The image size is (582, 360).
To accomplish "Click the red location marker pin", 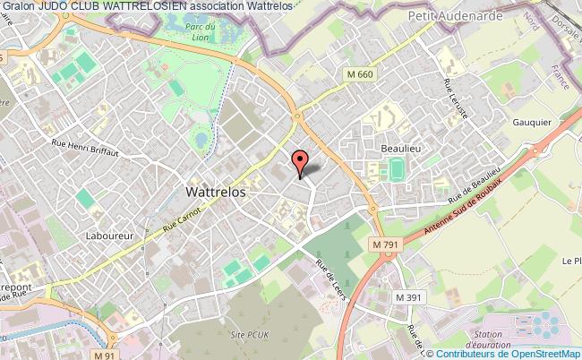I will click(301, 161).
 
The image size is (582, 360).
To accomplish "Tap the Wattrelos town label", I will click(215, 191).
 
